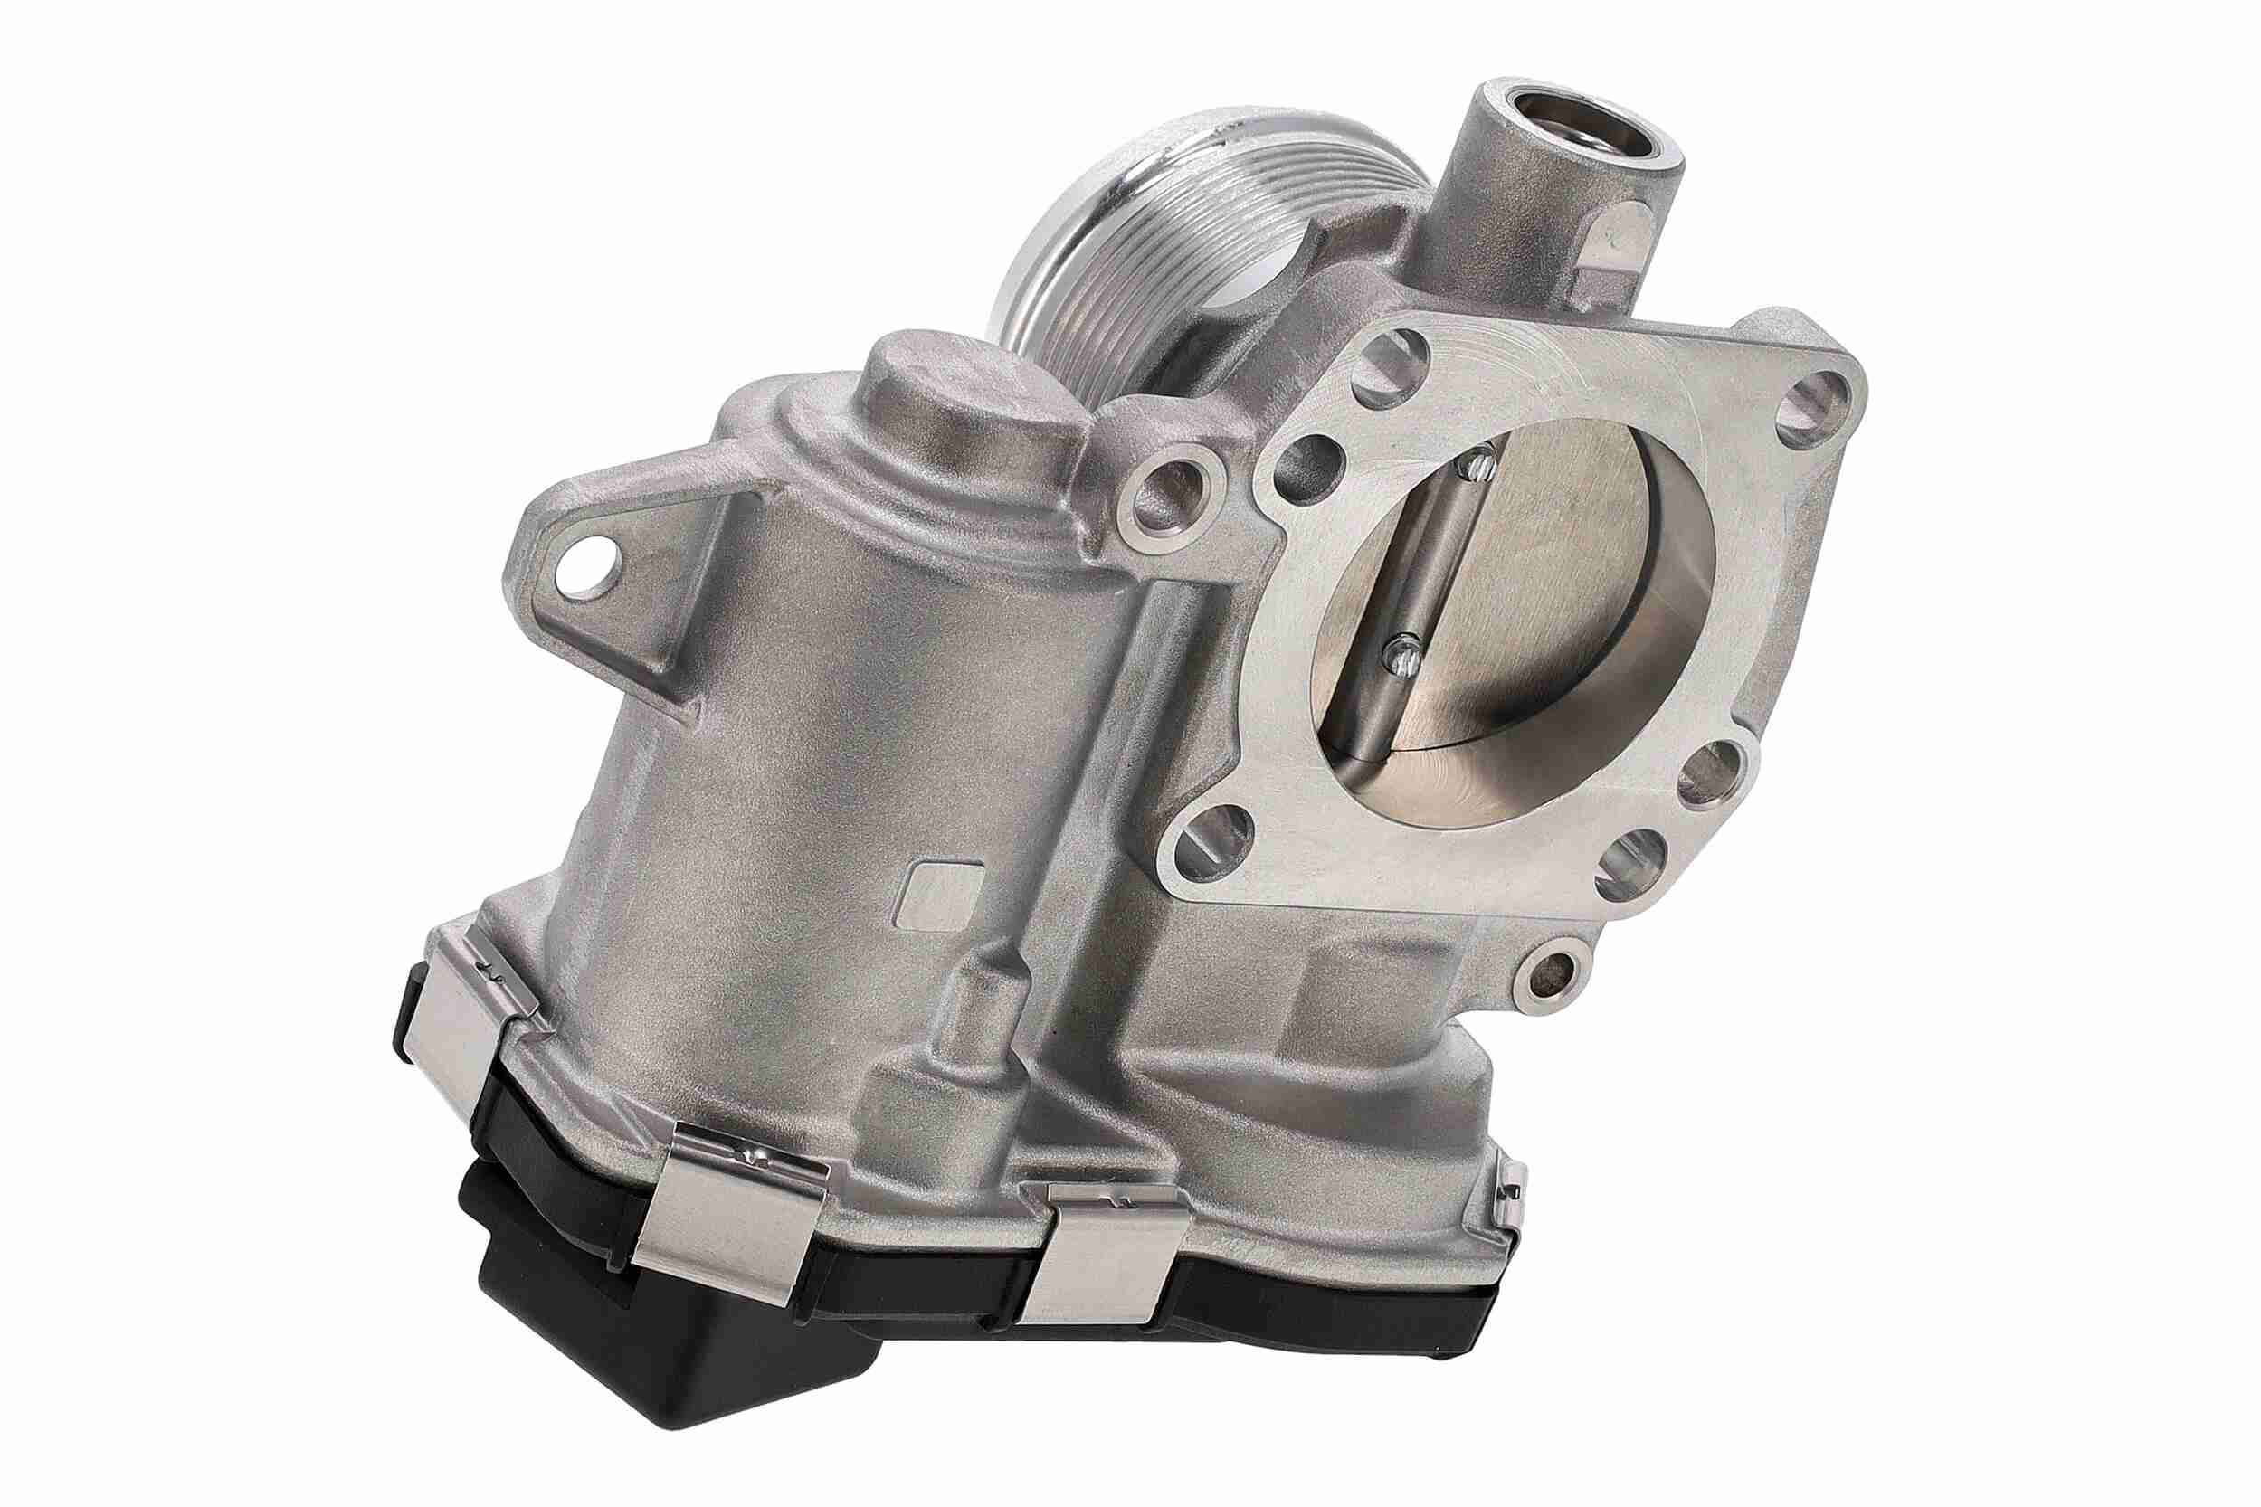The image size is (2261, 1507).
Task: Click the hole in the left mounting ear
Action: pos(587,568)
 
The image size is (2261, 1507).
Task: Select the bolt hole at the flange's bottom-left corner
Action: pos(1214,843)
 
